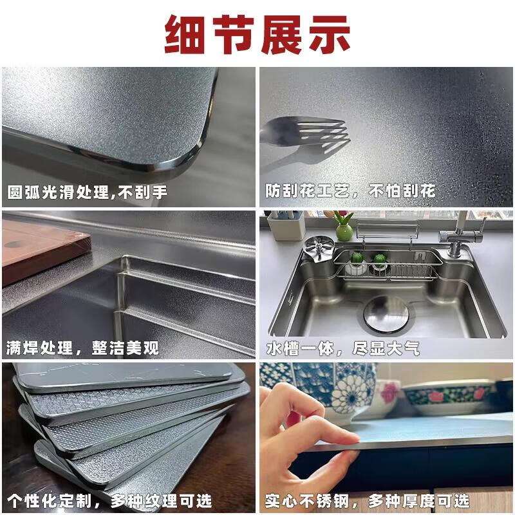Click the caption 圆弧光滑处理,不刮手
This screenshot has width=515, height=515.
(x=88, y=191)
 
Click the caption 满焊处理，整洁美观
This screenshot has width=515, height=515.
(x=82, y=349)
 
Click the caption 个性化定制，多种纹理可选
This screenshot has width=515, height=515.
(x=110, y=501)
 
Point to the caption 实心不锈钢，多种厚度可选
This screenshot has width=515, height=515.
(x=368, y=501)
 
